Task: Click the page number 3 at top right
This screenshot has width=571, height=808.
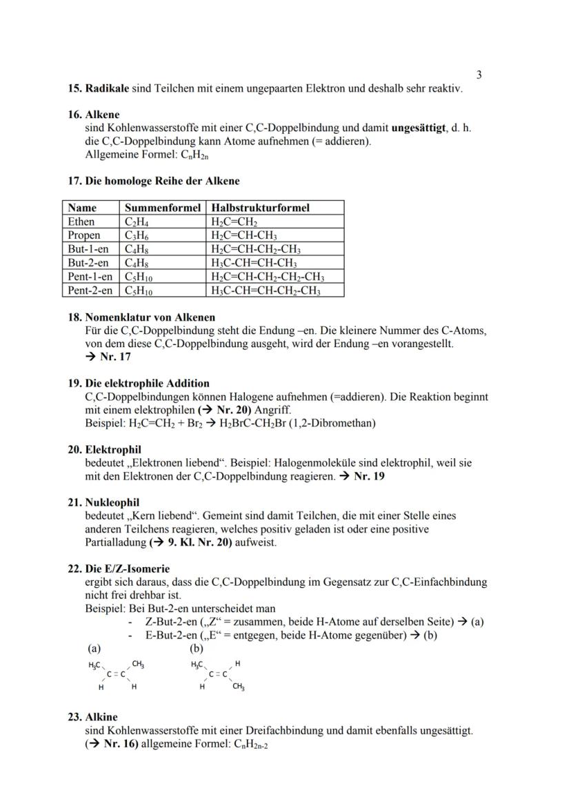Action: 479,75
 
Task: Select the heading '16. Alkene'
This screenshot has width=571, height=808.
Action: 93,115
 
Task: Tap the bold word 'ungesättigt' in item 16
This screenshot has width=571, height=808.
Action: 419,128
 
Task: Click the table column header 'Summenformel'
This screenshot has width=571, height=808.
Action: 162,208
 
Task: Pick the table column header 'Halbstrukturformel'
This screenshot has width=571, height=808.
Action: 260,208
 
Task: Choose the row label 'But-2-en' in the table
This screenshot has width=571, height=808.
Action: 88,263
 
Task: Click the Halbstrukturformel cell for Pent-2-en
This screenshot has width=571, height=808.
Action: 266,290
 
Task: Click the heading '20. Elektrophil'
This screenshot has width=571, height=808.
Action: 104,449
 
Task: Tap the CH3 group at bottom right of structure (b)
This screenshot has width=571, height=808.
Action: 239,687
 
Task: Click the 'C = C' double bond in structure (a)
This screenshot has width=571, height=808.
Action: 116,675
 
